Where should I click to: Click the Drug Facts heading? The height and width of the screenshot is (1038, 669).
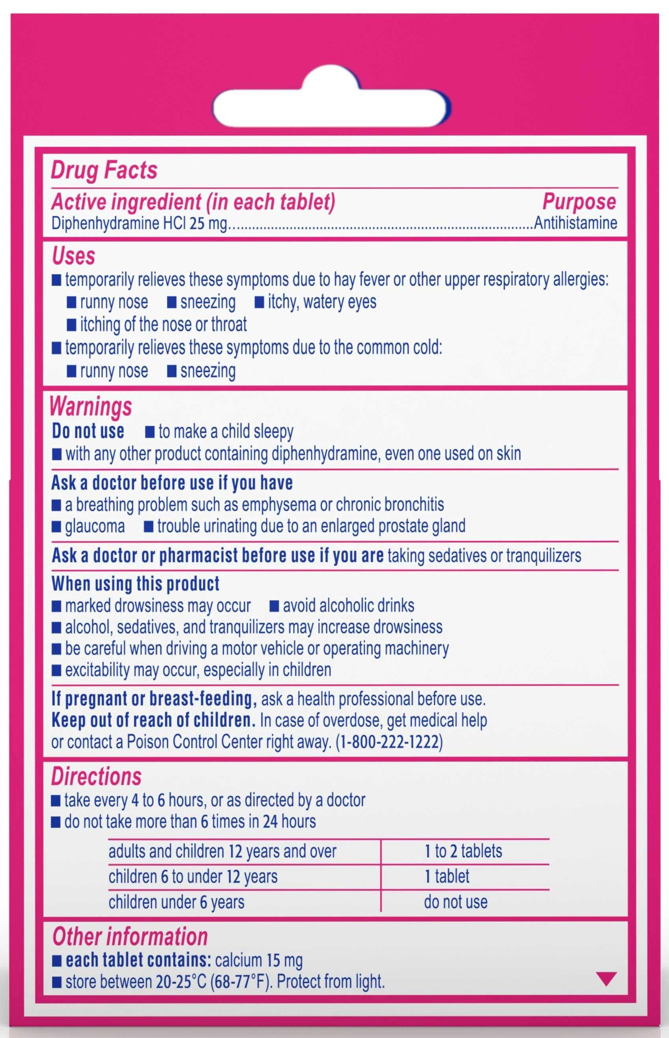104,170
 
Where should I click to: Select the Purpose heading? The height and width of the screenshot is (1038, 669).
579,202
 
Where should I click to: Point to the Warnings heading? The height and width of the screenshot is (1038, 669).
91,407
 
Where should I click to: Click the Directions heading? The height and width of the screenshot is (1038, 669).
96,777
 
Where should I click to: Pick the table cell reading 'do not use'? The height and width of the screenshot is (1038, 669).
455,902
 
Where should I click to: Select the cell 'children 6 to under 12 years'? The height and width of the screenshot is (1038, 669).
193,876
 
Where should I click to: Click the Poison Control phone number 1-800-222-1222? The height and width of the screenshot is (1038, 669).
389,742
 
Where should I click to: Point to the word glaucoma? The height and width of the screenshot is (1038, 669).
95,526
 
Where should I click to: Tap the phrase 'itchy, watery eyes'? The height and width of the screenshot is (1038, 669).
321,302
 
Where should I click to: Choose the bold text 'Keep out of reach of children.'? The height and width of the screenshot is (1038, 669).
153,721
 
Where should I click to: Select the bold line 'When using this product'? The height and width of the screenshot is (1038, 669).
136,584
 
